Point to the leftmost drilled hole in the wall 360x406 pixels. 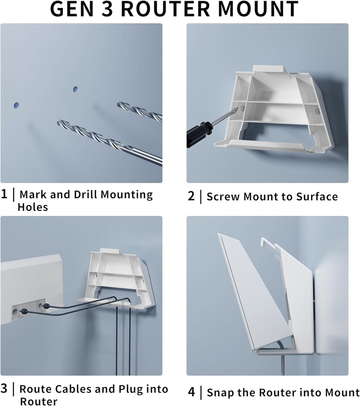[16, 105]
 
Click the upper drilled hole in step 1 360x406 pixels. [75, 89]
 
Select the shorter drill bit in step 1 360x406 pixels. [139, 111]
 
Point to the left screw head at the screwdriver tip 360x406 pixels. [243, 109]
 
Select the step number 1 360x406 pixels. [4, 194]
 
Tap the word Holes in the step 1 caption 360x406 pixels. [33, 207]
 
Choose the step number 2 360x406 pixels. [191, 196]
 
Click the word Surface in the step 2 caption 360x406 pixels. [317, 196]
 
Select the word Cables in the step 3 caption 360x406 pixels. [73, 389]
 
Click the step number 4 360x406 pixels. [191, 392]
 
